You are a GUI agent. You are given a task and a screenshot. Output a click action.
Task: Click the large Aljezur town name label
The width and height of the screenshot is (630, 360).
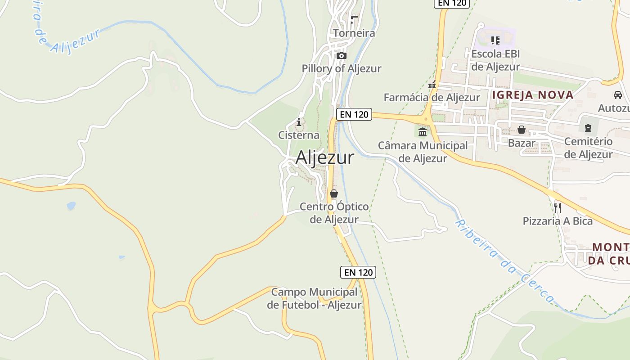pos(324,157)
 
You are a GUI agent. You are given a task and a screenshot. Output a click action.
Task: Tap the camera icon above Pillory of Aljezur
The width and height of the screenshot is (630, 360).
pos(342,56)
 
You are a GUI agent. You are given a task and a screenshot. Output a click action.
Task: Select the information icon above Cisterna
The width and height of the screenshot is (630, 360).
pos(298,122)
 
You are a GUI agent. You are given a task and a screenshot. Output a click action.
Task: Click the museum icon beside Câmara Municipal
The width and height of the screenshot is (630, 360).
pos(423,132)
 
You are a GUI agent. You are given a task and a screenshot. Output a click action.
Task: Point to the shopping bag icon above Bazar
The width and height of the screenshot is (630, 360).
pos(521,130)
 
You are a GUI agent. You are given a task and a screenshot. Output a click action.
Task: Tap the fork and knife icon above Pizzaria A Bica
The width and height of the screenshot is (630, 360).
pos(557,207)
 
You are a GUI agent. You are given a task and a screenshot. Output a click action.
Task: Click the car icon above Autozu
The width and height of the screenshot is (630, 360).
pos(618,95)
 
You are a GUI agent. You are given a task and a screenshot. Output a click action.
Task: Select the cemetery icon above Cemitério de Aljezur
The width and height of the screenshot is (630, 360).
pos(588,128)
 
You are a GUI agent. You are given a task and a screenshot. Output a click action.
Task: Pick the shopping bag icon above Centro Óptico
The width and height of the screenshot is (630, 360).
pos(334,193)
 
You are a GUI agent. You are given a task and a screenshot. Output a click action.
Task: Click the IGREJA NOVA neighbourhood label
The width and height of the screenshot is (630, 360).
pos(533,95)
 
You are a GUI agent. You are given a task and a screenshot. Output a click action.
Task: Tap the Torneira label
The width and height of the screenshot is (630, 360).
pos(354,33)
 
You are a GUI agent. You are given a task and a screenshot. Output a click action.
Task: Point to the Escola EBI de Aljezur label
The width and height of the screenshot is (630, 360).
pos(495,60)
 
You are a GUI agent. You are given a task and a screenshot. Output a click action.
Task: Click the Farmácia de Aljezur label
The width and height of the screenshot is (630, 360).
pos(432,97)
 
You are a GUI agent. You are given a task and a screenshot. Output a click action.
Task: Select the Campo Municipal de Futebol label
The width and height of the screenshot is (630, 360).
pos(314,298)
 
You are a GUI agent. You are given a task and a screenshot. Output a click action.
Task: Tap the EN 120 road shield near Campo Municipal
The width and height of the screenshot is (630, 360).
pos(358,272)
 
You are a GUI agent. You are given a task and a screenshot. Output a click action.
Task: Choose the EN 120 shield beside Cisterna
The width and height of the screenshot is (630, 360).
pos(354,114)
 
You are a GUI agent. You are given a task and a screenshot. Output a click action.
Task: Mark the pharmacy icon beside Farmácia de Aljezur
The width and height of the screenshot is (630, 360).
pos(432,85)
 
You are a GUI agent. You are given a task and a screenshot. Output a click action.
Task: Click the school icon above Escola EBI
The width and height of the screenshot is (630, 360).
pos(495,40)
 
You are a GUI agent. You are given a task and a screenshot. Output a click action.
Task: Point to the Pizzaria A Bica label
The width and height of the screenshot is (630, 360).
pos(558,221)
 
